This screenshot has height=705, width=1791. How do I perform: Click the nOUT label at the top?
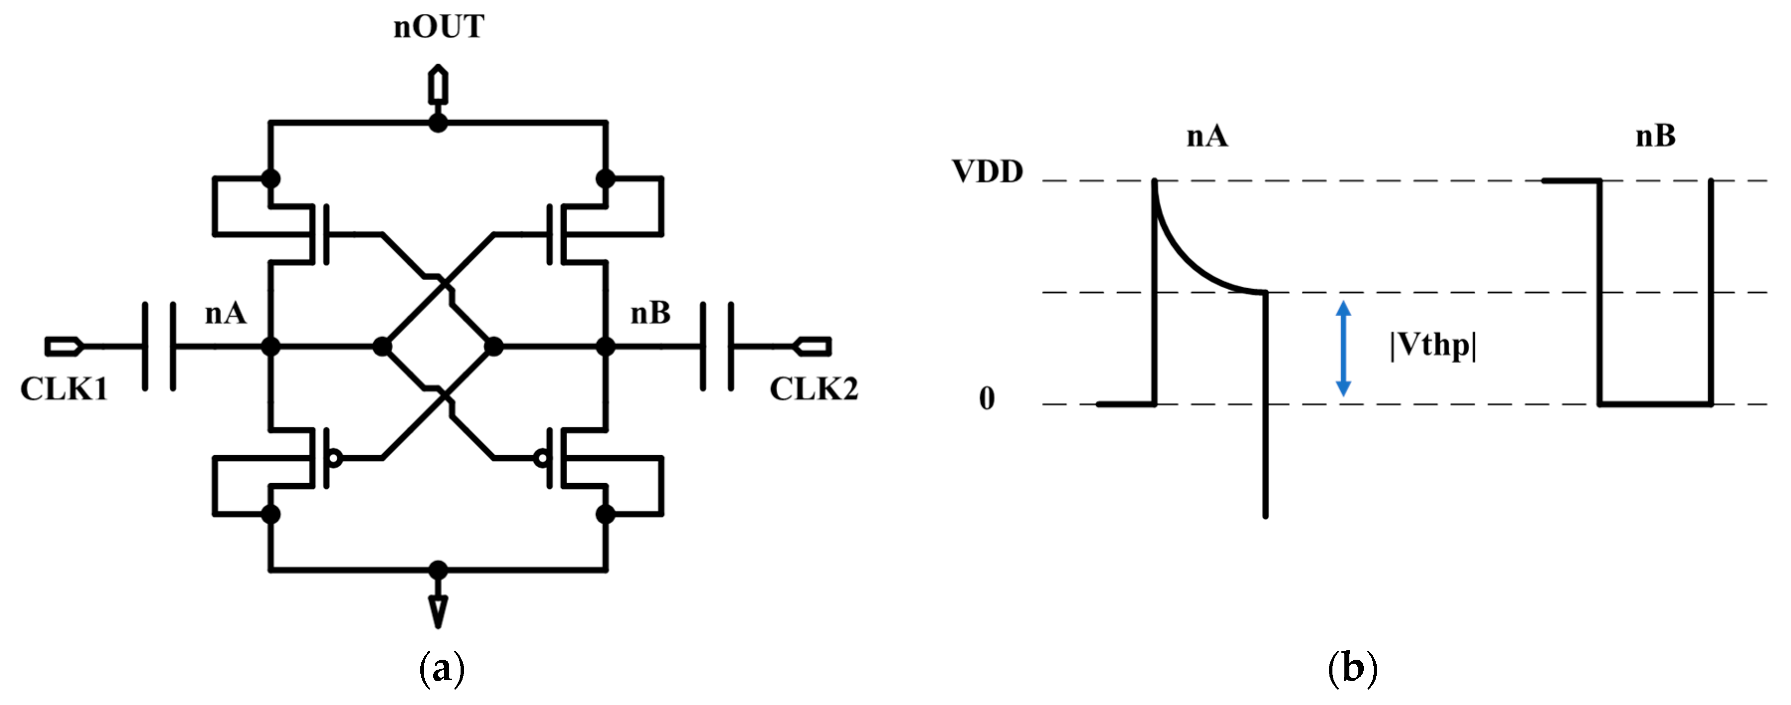pyautogui.click(x=438, y=27)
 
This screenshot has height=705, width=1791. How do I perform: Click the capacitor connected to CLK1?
pyautogui.click(x=159, y=346)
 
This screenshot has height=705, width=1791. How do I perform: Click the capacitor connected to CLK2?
pyautogui.click(x=717, y=346)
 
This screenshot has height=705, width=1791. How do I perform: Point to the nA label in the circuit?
pyautogui.click(x=225, y=313)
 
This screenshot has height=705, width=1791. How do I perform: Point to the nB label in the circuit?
pyautogui.click(x=650, y=313)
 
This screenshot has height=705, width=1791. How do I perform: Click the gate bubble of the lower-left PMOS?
pyautogui.click(x=335, y=459)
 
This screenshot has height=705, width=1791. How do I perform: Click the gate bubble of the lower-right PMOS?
pyautogui.click(x=541, y=459)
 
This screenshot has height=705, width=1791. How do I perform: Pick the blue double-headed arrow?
pyautogui.click(x=1344, y=348)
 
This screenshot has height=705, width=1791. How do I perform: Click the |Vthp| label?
pyautogui.click(x=1432, y=345)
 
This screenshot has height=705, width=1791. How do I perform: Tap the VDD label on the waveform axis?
pyautogui.click(x=987, y=172)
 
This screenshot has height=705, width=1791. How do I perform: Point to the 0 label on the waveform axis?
pyautogui.click(x=987, y=399)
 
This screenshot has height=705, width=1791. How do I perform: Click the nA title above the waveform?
pyautogui.click(x=1207, y=135)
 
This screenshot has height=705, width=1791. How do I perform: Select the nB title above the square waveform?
pyautogui.click(x=1655, y=135)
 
